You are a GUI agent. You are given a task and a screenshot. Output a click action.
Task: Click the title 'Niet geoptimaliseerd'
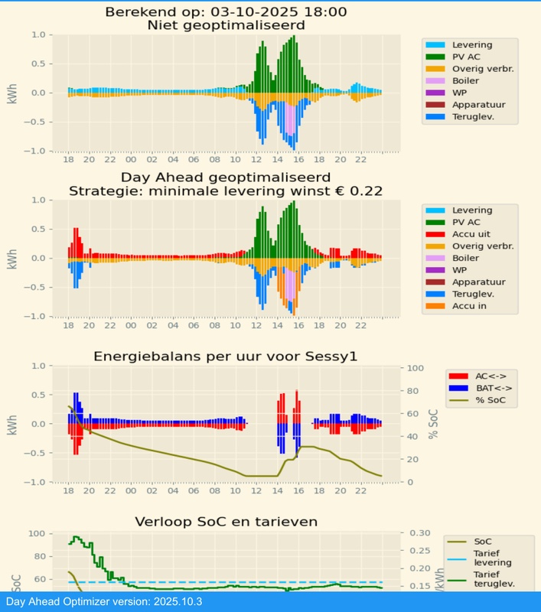click(x=225, y=25)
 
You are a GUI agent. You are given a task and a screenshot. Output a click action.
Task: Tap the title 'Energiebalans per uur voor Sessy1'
click(x=225, y=356)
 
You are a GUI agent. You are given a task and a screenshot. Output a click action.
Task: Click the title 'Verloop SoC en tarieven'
click(x=225, y=522)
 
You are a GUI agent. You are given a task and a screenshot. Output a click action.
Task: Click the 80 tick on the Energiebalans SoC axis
click(x=411, y=391)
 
